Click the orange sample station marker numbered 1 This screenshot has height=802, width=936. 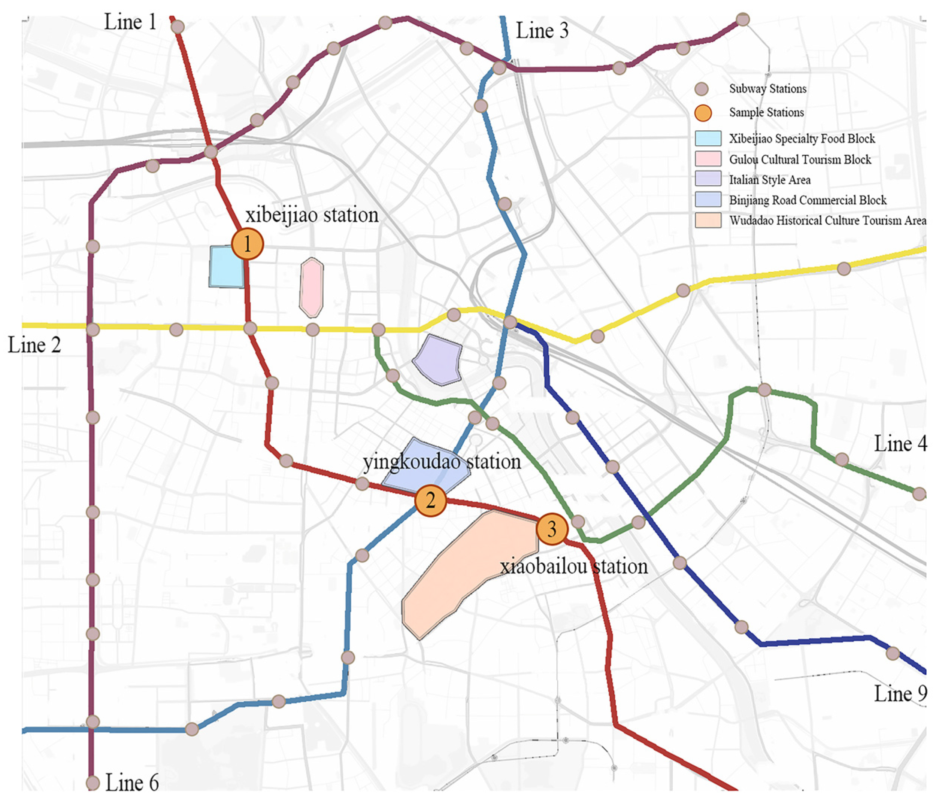click(x=247, y=244)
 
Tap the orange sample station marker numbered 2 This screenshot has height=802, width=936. click(x=430, y=500)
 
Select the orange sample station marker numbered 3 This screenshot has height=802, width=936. click(x=552, y=529)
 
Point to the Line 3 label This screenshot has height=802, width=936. click(x=542, y=31)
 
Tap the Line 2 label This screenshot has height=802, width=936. click(x=34, y=345)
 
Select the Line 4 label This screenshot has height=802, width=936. click(x=900, y=443)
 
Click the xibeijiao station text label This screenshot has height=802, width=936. click(x=312, y=215)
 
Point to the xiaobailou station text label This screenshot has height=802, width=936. click(x=574, y=566)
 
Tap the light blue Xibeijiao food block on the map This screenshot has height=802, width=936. click(x=226, y=267)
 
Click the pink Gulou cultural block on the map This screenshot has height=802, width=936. click(x=311, y=287)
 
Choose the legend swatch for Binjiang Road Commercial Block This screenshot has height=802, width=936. click(x=708, y=200)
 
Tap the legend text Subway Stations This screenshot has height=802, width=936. click(x=767, y=88)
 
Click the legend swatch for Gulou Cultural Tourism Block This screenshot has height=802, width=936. click(x=708, y=159)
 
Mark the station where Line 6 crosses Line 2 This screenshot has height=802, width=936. click(x=93, y=329)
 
